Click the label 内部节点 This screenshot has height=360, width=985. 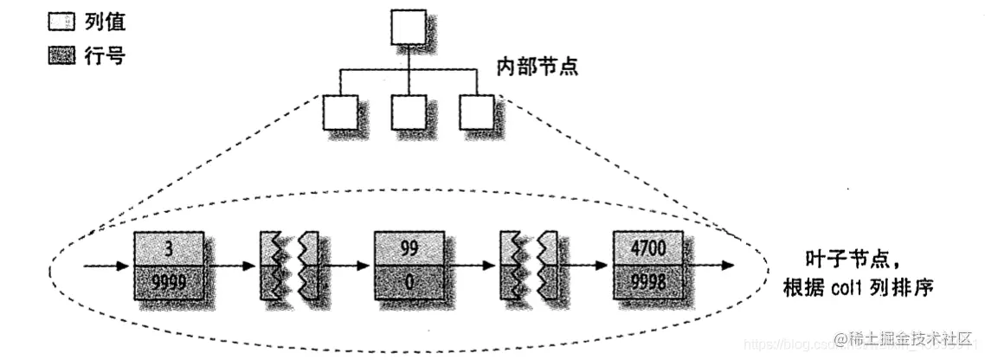click(x=537, y=66)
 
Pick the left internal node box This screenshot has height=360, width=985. click(x=339, y=112)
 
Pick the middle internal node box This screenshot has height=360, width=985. click(x=407, y=112)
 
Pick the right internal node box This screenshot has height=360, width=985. click(x=475, y=112)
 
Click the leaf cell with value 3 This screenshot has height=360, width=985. click(x=170, y=248)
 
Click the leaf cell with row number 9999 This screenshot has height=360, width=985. click(x=170, y=281)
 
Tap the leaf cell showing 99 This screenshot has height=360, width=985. click(x=409, y=248)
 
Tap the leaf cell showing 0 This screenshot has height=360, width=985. click(x=409, y=281)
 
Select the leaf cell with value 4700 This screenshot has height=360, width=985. click(x=647, y=248)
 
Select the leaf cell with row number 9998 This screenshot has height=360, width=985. click(x=647, y=281)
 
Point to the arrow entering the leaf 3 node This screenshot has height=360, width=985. click(x=108, y=265)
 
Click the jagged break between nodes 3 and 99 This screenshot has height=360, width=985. click(x=291, y=265)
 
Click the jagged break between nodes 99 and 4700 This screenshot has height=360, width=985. click(x=531, y=265)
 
